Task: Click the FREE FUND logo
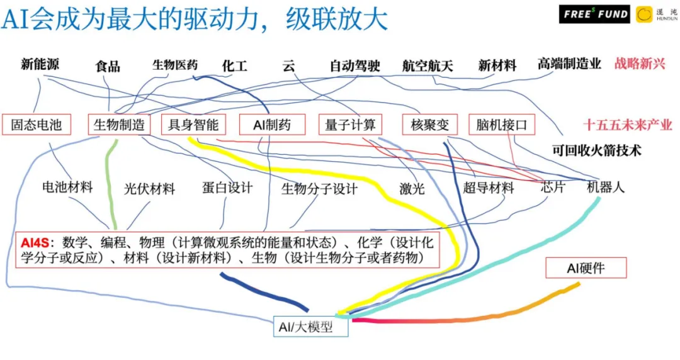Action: pos(594,14)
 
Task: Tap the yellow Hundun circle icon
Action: pos(644,14)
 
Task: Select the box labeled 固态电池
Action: pos(37,125)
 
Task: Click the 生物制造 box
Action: pos(119,125)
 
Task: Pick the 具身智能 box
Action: pos(193,125)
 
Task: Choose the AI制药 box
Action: pos(273,125)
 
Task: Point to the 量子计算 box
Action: pos(351,125)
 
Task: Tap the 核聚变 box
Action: pos(430,125)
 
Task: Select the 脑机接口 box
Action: pos(502,125)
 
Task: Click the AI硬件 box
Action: pos(586,268)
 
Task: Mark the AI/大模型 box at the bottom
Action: pos(310,327)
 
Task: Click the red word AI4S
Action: pos(35,242)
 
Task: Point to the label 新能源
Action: pos(40,64)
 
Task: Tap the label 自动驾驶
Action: pos(355,65)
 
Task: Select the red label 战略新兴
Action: pos(640,64)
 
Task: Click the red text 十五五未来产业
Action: pos(628,125)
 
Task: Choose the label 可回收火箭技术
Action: pos(597,150)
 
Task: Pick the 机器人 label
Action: pos(606,188)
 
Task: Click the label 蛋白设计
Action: pos(227,188)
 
